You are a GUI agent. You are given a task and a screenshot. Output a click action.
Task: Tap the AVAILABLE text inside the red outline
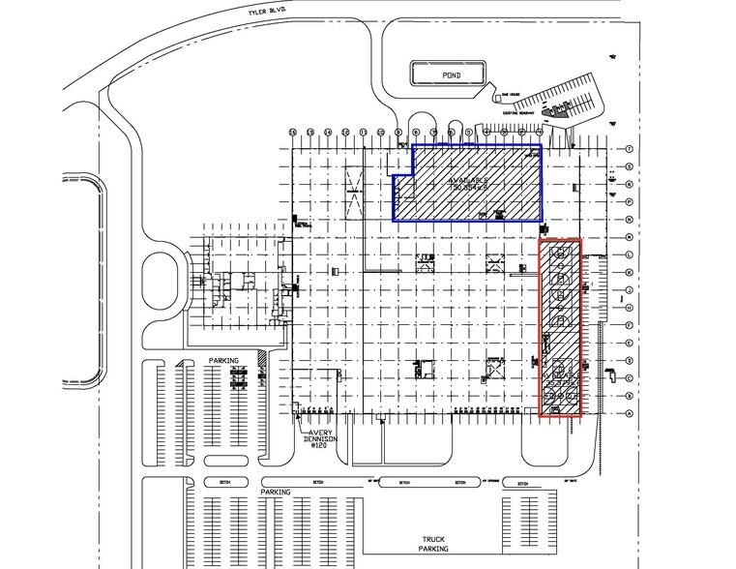coord(560,374)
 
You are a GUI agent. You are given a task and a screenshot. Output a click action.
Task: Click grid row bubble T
coord(630,149)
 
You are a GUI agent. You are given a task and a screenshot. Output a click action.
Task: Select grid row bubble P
coord(630,201)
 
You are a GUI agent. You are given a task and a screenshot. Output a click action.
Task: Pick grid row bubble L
coord(630,255)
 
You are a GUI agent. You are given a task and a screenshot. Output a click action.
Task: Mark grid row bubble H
coord(630,307)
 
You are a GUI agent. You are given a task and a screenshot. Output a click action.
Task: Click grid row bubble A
coord(630,413)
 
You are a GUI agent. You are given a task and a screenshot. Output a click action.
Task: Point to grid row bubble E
coord(630,343)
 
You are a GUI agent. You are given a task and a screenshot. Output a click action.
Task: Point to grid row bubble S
coord(630,166)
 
